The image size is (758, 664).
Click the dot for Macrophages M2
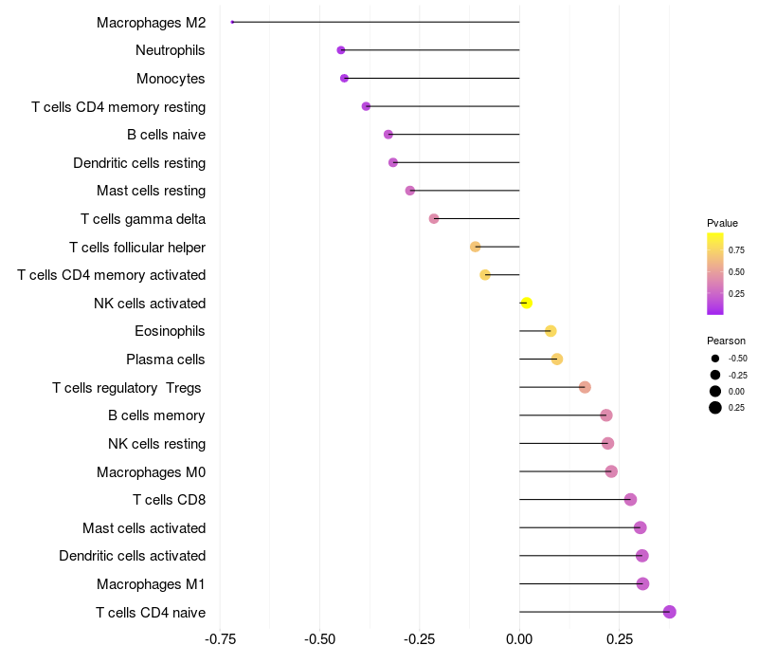pos(232,22)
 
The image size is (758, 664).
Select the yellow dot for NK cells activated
pos(526,303)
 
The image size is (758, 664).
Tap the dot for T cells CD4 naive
pos(670,612)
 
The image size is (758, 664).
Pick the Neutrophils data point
pos(341,50)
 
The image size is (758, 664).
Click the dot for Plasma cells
pos(557,359)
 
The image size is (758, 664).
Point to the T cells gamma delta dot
pos(434,218)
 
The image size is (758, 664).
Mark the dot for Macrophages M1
pos(642,583)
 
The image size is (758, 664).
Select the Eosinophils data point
pos(550,331)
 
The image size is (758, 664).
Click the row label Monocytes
pos(171,79)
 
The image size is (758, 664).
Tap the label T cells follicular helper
pos(137,248)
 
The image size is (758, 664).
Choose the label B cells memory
pos(156,415)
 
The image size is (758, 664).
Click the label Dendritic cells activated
pos(132,556)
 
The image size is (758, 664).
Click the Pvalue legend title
pos(722,223)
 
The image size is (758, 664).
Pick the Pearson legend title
pos(726,341)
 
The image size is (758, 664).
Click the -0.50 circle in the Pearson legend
pos(715,359)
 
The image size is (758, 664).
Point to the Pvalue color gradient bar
pos(715,273)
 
